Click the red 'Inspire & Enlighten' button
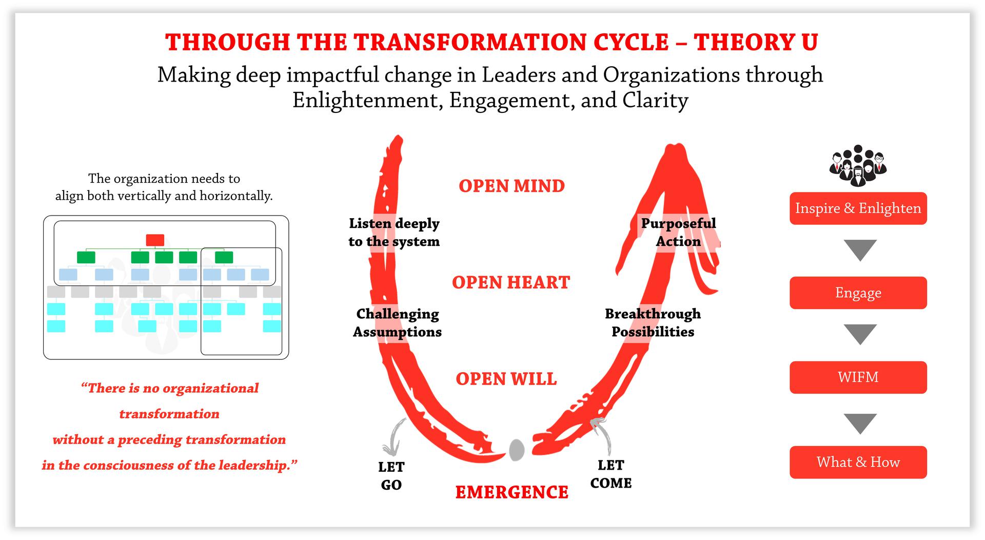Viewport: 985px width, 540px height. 858,208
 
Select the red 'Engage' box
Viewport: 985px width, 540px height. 858,293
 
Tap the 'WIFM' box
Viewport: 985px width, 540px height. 858,377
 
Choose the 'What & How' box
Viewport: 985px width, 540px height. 858,462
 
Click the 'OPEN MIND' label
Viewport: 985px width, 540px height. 511,186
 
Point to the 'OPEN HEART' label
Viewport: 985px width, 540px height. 511,282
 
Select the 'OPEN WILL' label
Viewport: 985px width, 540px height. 506,379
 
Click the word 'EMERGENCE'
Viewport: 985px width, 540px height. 511,492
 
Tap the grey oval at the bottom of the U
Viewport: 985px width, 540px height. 517,450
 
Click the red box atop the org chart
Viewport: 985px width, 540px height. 155,240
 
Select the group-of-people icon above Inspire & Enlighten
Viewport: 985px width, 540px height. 858,166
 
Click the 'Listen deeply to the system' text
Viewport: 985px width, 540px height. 394,232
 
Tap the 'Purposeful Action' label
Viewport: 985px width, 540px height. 678,232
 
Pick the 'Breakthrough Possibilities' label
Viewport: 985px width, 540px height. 653,322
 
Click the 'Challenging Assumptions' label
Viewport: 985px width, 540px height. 398,322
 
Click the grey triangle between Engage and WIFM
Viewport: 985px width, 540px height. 860,334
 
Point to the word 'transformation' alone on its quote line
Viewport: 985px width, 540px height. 169,414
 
